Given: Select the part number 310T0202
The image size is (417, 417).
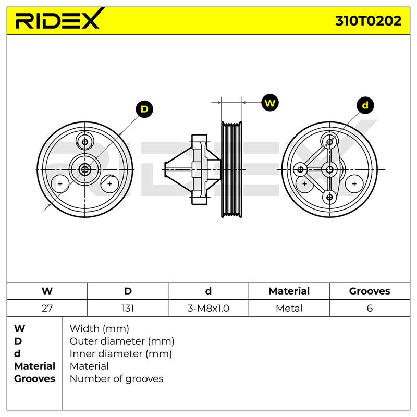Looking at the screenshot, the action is coord(368,21).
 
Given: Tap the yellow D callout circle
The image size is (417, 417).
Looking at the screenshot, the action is coord(144,109).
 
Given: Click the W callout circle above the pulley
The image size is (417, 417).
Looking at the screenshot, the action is coord(270,102).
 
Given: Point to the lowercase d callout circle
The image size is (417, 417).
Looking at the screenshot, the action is coord(365,105).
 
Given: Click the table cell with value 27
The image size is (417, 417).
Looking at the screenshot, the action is coord(47,308).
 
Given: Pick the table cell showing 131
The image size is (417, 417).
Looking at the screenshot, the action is coord(128,308).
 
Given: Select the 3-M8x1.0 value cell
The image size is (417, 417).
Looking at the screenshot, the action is coord(208,308).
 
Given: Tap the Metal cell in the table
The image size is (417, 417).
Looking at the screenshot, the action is coord(289,308).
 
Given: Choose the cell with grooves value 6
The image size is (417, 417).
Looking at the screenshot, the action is coord(370,308).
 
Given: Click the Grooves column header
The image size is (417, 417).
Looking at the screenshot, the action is coord(370,291).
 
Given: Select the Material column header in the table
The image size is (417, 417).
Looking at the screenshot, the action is coord(289,291).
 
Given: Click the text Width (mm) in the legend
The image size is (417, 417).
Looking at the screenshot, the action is coord(99,329).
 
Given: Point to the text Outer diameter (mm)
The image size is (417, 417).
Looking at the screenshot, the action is coord(122,341).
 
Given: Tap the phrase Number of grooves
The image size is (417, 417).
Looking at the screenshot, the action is coord(116,379).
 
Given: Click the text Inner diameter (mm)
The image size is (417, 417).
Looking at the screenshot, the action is coord(121,354).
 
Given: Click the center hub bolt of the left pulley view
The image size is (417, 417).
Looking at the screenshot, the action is coord(85,169).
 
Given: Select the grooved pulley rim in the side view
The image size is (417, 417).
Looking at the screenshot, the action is coord(231,169).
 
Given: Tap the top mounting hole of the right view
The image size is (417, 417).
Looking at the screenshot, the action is coord(329,142).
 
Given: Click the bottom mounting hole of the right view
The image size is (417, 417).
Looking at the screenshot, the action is coord(329,198).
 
